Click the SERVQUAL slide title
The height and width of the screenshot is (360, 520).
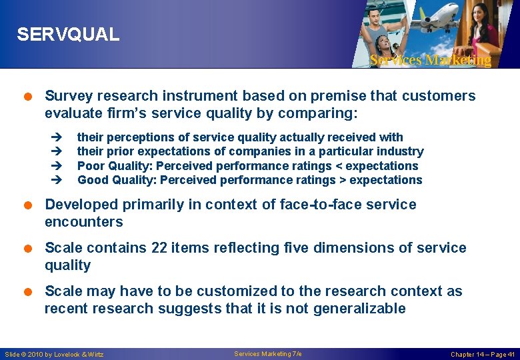point(68,35)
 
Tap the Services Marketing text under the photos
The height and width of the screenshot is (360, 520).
point(430,60)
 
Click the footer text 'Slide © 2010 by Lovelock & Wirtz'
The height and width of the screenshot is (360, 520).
point(54,354)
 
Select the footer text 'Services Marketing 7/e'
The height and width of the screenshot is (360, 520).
point(268,353)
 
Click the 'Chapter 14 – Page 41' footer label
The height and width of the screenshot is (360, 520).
point(483,354)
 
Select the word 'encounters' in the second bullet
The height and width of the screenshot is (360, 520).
point(84,222)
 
